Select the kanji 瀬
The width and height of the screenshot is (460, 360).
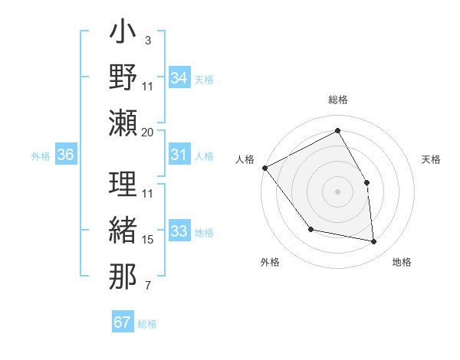coord(123,123)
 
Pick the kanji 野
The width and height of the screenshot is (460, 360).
coord(123,77)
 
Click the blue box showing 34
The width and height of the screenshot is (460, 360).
coord(179,78)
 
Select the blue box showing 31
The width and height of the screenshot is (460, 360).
coord(179,155)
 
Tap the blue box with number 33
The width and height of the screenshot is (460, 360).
coord(179,231)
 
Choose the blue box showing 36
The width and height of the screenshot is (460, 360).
coord(65,155)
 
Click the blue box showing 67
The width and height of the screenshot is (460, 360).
coord(123,322)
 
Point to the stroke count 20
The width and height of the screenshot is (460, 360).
coord(148,133)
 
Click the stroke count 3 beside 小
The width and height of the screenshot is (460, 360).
coord(148,40)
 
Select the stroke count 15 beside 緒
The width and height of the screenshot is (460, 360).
coord(148,240)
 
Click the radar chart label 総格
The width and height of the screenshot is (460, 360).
coord(337,100)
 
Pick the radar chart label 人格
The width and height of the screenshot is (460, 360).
coord(245,159)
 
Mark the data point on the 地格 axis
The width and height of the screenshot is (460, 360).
coord(373,242)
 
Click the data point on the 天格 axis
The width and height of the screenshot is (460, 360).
coord(366,182)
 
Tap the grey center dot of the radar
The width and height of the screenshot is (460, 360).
coord(337,191)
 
